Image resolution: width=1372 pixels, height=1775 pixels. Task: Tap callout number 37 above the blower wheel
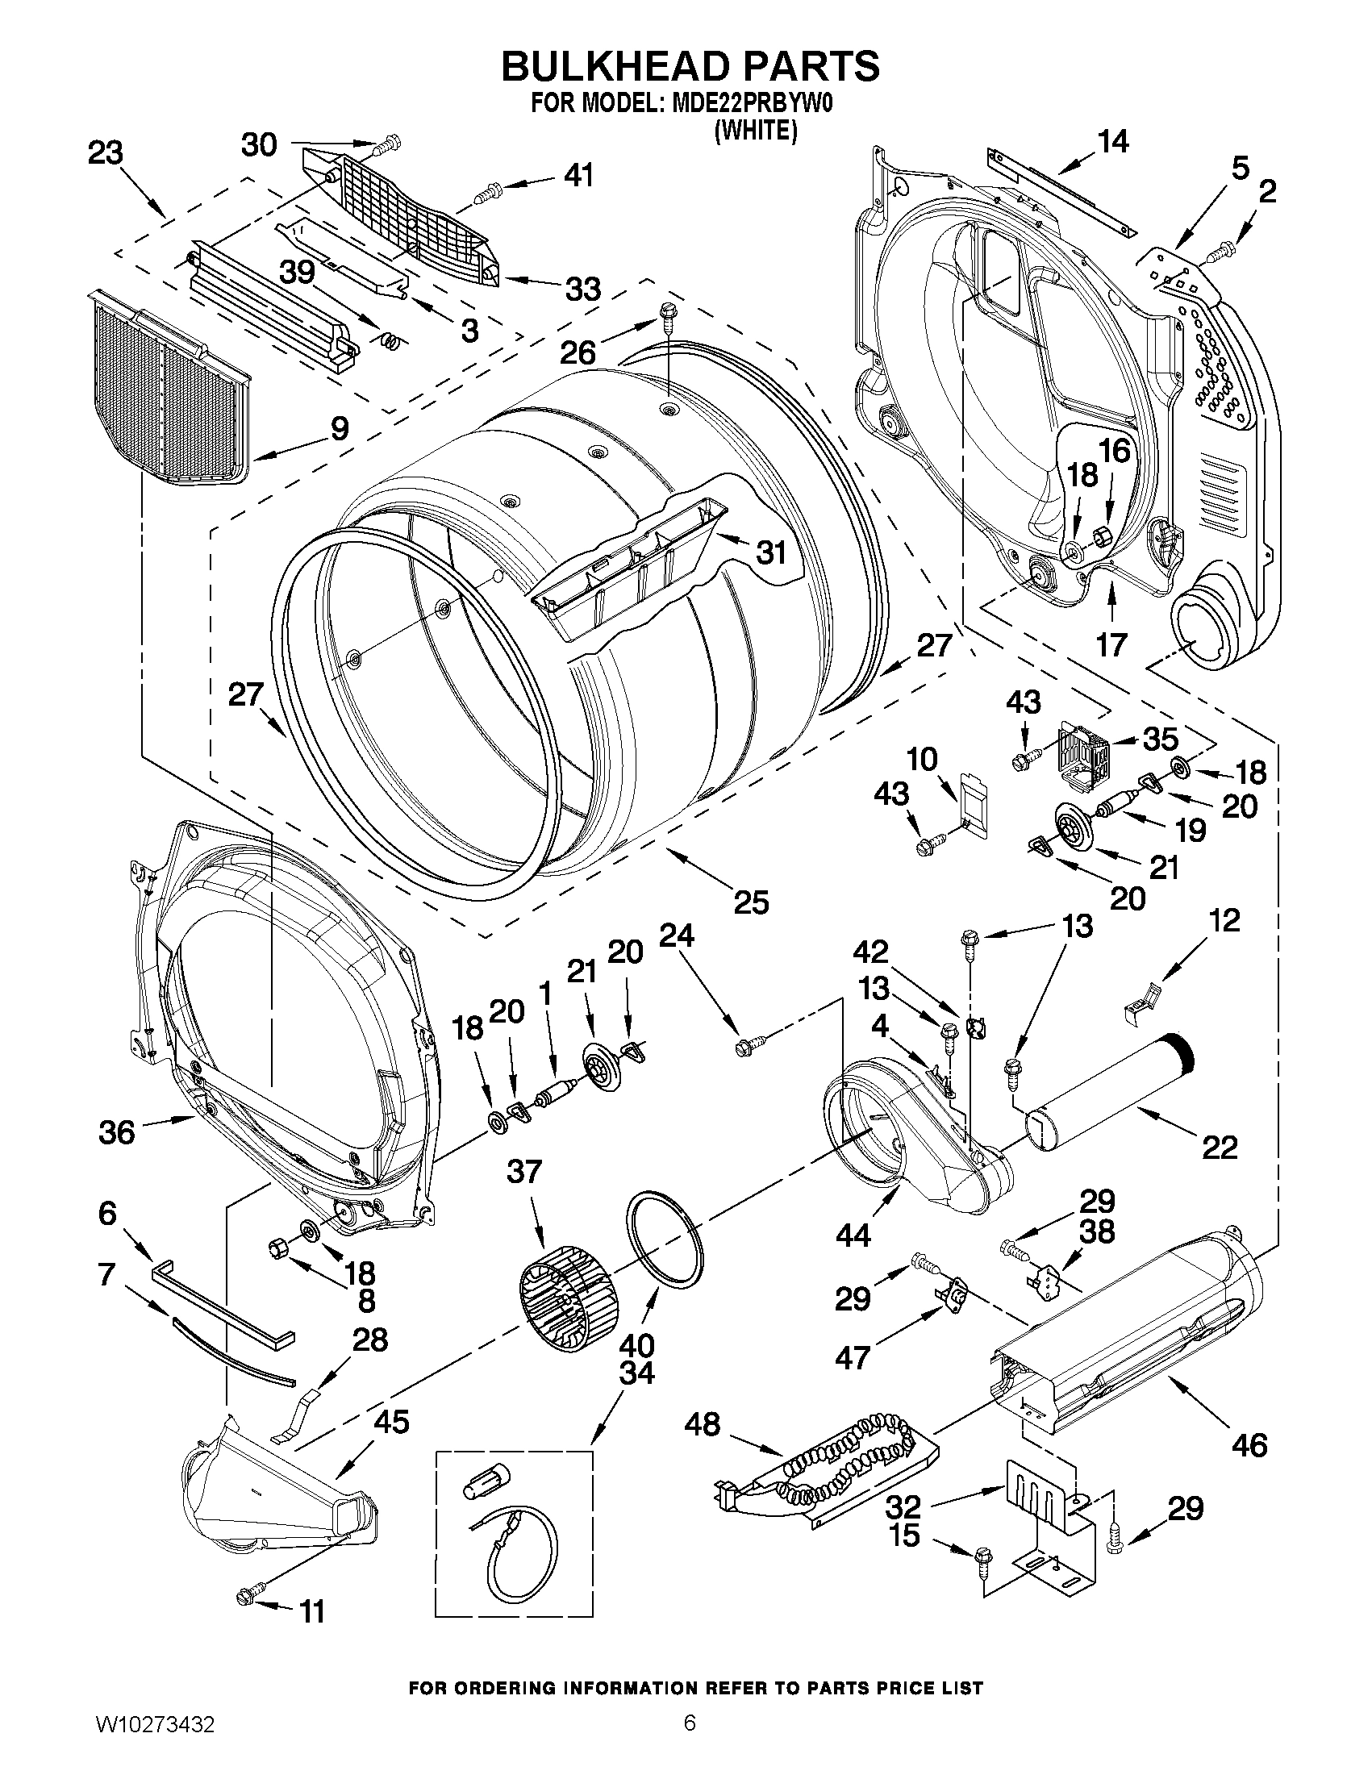click(x=524, y=1171)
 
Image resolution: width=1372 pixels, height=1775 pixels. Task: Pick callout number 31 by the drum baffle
click(x=771, y=552)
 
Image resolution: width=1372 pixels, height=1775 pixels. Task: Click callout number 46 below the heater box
click(x=1249, y=1445)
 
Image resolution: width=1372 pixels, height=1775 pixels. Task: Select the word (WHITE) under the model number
click(x=755, y=130)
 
